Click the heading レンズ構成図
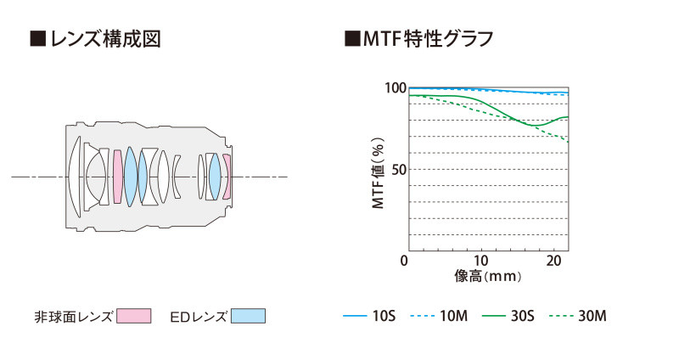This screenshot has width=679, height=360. click(96, 39)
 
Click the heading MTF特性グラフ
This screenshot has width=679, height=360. click(420, 39)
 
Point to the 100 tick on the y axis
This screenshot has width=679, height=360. click(395, 88)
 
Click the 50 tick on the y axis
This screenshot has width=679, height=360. click(398, 169)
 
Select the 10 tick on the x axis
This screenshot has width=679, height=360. click(481, 260)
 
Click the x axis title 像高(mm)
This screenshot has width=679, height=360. click(487, 275)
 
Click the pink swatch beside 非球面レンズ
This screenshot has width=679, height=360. click(133, 316)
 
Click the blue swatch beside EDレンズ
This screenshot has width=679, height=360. click(248, 316)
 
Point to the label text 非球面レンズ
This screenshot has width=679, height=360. click(72, 316)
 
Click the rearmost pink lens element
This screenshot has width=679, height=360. click(227, 177)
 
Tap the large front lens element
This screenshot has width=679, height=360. click(76, 177)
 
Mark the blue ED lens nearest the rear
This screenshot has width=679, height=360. click(215, 177)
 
